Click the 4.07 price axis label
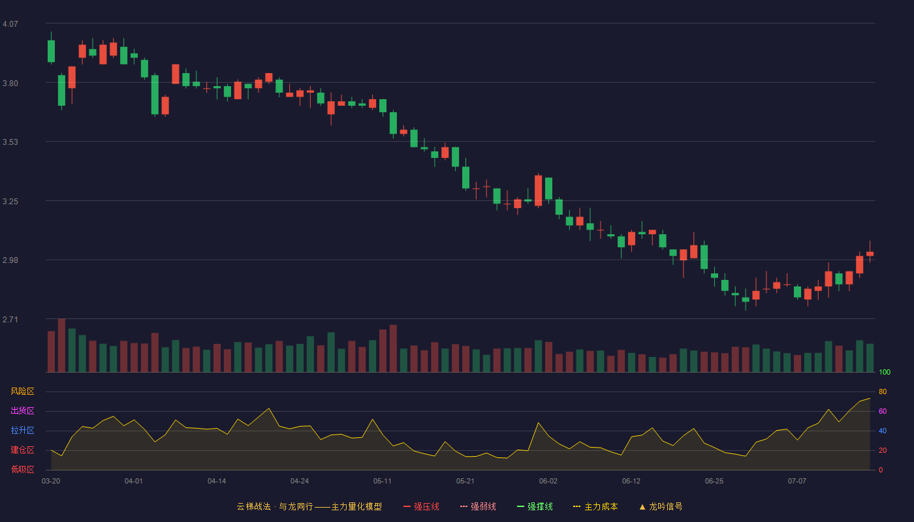tap(10, 24)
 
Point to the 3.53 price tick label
tap(10, 142)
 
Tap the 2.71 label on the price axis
tap(10, 319)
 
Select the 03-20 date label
tap(51, 482)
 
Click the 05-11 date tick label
tap(383, 482)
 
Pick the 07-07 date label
tap(797, 482)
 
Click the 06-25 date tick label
tap(714, 482)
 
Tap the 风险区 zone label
tap(22, 391)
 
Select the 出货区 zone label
tap(22, 410)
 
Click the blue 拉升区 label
tap(22, 430)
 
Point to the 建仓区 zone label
tap(22, 450)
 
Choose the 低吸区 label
tap(22, 469)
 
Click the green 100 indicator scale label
tap(885, 372)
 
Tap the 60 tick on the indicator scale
tap(883, 411)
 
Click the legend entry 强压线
tap(421, 506)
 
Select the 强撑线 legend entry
tap(535, 506)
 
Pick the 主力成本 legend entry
tap(595, 506)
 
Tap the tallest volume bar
tap(61, 345)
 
